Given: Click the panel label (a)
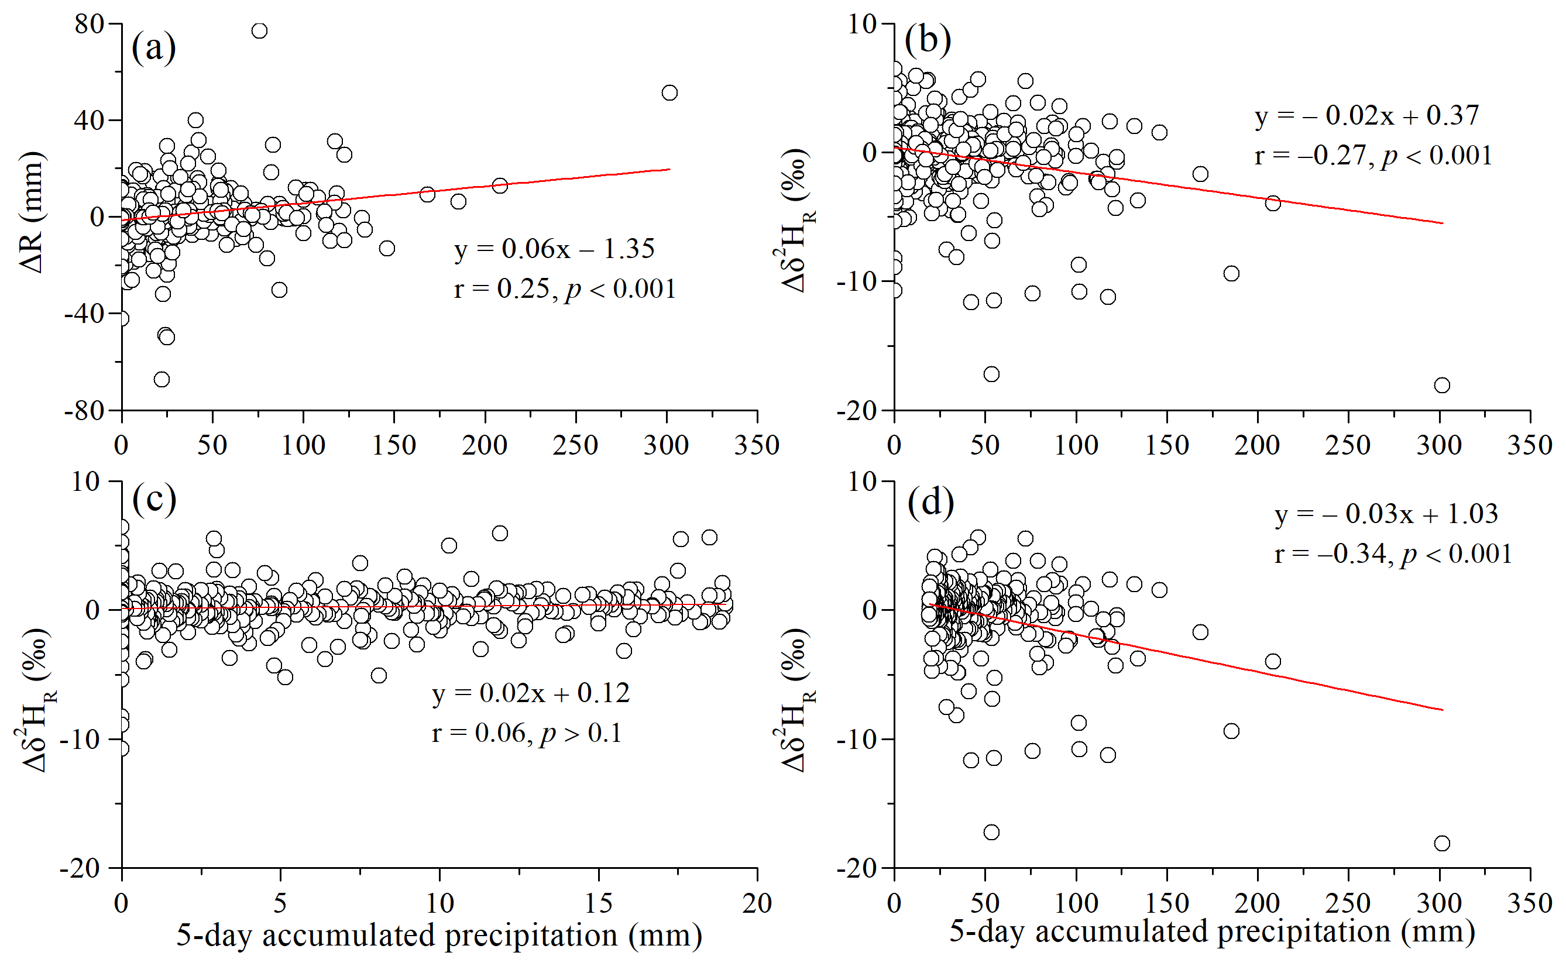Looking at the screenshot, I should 153,47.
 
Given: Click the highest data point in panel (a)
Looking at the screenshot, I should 259,30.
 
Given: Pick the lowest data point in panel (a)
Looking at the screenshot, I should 162,380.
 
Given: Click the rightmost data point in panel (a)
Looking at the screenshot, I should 669,92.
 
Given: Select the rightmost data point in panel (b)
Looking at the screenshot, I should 1442,385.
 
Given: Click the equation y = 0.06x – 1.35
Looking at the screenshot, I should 554,249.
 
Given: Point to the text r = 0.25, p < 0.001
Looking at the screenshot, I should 565,289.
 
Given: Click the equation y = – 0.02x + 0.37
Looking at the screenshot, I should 1366,116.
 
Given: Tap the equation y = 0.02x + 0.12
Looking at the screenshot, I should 530,693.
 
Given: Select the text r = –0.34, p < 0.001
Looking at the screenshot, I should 1393,554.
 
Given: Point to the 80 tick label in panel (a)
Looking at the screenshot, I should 89,24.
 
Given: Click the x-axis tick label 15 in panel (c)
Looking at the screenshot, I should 598,903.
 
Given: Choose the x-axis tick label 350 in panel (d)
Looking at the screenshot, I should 1530,903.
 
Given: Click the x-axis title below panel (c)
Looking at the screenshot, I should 439,936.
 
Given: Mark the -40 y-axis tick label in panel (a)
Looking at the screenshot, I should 84,314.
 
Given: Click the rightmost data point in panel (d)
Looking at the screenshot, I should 1442,843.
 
